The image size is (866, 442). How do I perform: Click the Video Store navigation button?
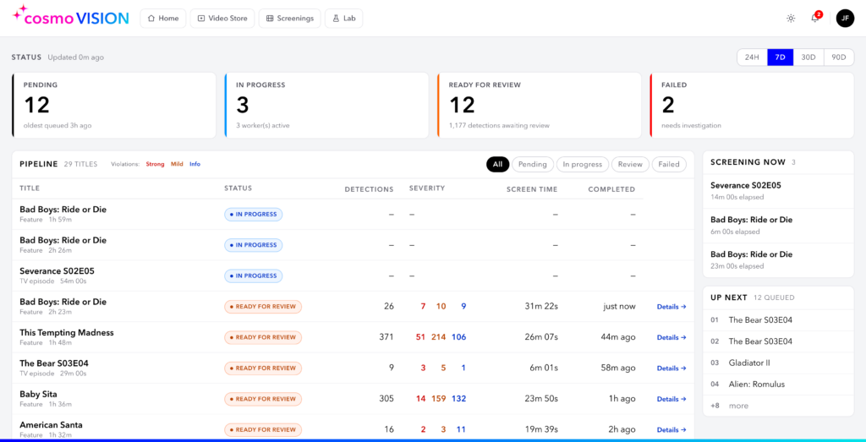click(x=222, y=19)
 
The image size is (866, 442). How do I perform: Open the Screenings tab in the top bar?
click(x=289, y=19)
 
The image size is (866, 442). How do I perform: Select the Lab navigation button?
click(x=343, y=19)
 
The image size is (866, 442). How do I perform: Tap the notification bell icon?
click(x=814, y=19)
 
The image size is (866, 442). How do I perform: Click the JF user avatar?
click(x=845, y=19)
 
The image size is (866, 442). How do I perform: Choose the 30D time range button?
click(x=808, y=57)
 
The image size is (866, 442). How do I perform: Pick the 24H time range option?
click(x=752, y=57)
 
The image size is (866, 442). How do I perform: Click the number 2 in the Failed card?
click(x=668, y=105)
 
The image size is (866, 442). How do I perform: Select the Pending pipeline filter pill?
click(x=533, y=164)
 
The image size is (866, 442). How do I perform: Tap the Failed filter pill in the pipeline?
click(x=669, y=164)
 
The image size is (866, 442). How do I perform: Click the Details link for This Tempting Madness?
click(x=671, y=337)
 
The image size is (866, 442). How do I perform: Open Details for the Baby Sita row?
click(x=671, y=399)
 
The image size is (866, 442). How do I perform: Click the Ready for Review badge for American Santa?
click(x=263, y=430)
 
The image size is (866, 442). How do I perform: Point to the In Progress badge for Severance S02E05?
click(x=254, y=276)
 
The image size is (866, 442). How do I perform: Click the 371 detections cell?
click(x=386, y=337)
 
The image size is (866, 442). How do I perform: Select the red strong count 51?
click(x=420, y=337)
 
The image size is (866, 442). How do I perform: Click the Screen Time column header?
click(x=532, y=189)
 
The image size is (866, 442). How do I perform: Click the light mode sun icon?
click(x=791, y=19)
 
